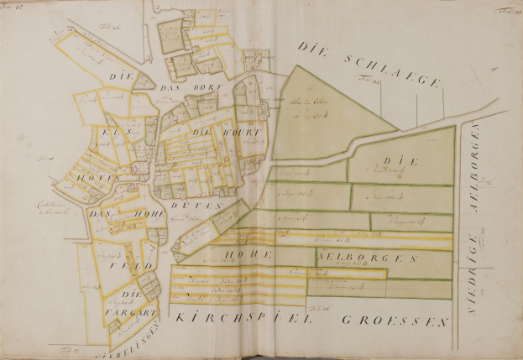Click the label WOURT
tap(244, 133)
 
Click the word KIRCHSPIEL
tap(236, 319)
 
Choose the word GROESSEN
tap(395, 320)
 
